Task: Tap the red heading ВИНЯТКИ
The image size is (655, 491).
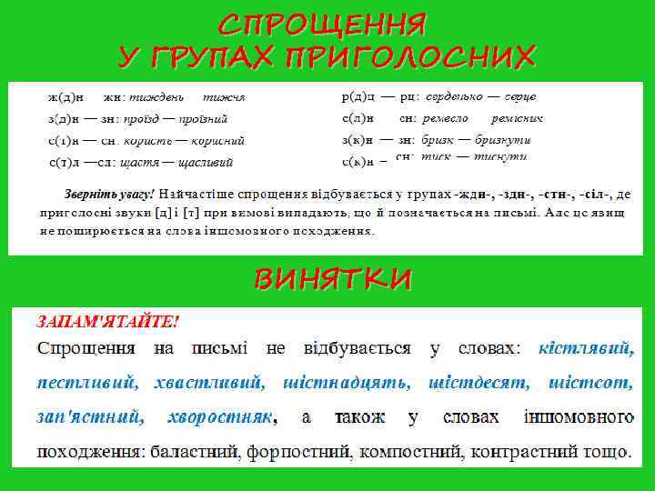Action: pyautogui.click(x=332, y=279)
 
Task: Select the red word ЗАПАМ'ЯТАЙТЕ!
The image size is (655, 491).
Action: pyautogui.click(x=107, y=322)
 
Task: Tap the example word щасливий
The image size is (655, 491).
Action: pyautogui.click(x=207, y=163)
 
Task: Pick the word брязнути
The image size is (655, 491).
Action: pyautogui.click(x=501, y=140)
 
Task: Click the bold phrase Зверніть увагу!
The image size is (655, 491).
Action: pyautogui.click(x=110, y=194)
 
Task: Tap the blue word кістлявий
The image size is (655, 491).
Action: pyautogui.click(x=586, y=348)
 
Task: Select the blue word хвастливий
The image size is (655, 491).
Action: pyautogui.click(x=208, y=383)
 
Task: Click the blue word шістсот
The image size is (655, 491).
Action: pyautogui.click(x=592, y=383)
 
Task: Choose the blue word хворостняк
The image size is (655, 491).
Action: pyautogui.click(x=220, y=417)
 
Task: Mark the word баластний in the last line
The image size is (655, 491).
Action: pyautogui.click(x=192, y=452)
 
